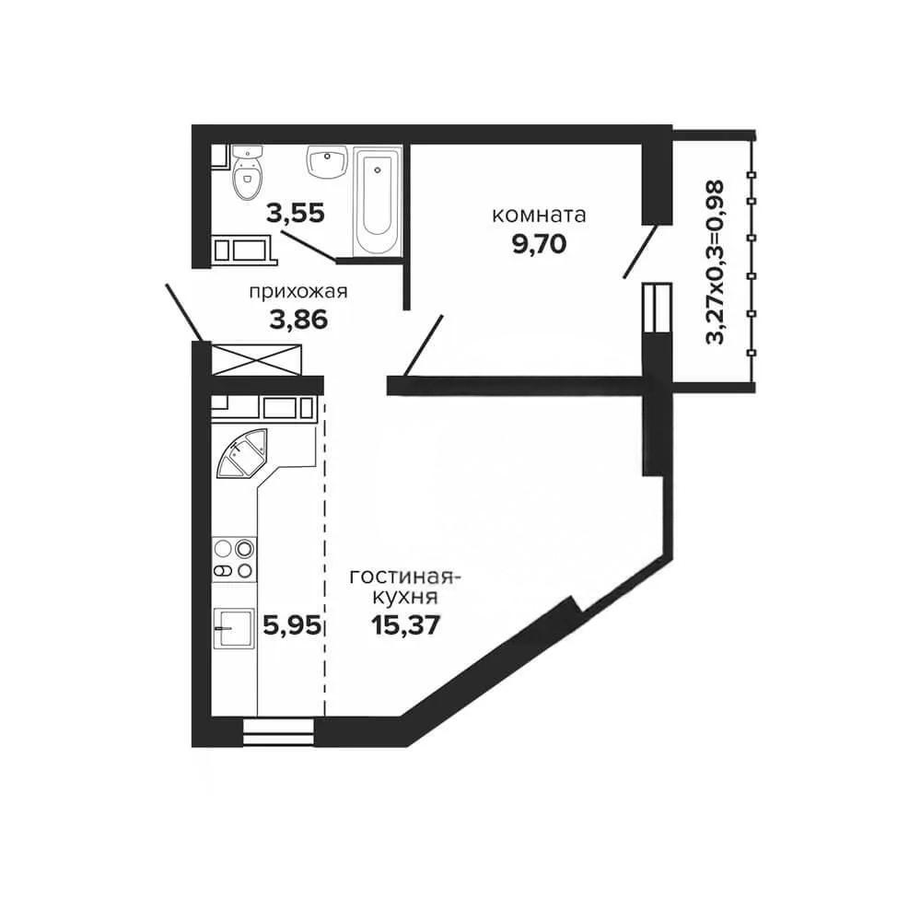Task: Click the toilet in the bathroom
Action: [247, 172]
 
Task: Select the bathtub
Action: [377, 202]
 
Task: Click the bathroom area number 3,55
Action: [296, 213]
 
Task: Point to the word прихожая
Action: [298, 292]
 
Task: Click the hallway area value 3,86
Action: [298, 321]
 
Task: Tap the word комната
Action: [539, 215]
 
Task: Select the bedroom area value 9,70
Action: [539, 243]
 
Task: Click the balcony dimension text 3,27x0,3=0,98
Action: [715, 262]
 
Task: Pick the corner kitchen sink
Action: [242, 453]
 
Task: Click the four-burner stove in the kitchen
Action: [234, 559]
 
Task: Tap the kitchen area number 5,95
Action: [292, 625]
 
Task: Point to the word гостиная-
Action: [404, 577]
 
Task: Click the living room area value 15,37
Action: [406, 625]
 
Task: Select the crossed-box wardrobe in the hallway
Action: [256, 359]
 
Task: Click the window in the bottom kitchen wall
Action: [278, 732]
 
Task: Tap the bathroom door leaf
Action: [309, 246]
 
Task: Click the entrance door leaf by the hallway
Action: [184, 312]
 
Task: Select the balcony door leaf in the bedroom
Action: [640, 251]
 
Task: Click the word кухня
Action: [406, 598]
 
